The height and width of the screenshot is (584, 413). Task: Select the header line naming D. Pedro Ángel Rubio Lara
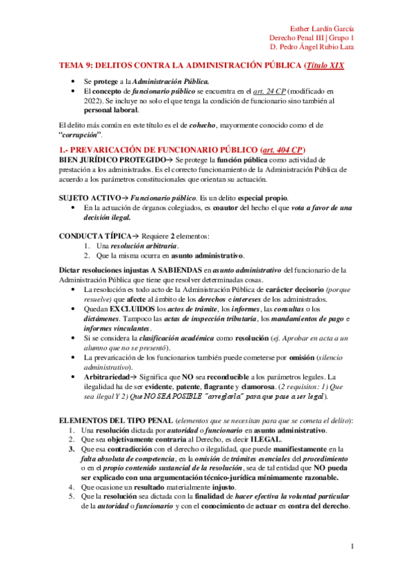[x=312, y=48]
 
